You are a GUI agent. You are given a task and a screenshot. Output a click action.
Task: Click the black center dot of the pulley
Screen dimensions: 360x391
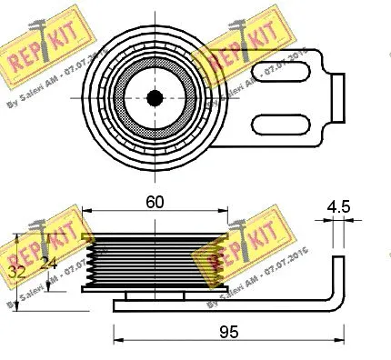pos(155,97)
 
